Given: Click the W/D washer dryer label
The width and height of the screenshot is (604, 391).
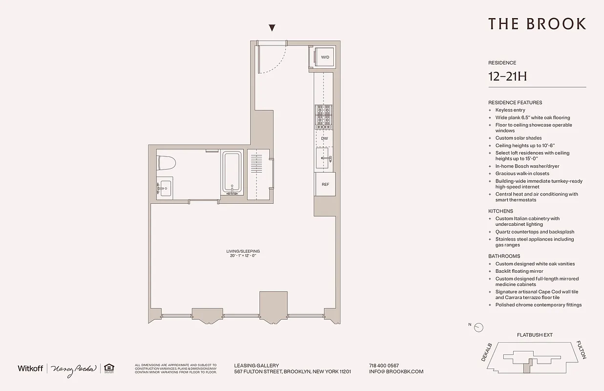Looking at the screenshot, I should click(x=325, y=58).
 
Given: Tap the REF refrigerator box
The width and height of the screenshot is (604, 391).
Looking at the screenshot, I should click(x=325, y=184).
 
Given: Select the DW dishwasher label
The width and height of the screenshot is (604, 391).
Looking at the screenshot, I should click(x=324, y=138).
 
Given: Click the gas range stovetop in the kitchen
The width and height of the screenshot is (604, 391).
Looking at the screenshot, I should click(x=324, y=116).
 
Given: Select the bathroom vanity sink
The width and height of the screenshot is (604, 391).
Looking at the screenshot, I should click(x=165, y=187).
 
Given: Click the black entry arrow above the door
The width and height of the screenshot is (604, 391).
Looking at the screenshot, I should click(x=272, y=28).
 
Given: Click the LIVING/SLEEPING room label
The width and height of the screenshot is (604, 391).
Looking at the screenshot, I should click(x=243, y=251).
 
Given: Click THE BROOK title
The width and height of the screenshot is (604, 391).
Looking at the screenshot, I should click(x=537, y=24).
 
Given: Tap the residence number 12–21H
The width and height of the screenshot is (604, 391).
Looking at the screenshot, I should click(x=507, y=77).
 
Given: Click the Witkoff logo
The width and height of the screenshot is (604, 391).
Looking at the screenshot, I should click(x=30, y=368).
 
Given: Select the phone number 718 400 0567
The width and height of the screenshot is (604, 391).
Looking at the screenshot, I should click(x=384, y=366).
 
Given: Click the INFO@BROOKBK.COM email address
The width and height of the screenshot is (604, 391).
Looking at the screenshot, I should click(x=396, y=371).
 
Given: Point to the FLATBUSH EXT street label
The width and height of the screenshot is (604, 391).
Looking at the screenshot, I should click(x=535, y=335).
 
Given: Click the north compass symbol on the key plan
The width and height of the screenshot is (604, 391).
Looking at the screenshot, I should click(x=479, y=327).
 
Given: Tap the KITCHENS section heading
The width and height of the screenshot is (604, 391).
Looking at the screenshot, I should click(x=500, y=211).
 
